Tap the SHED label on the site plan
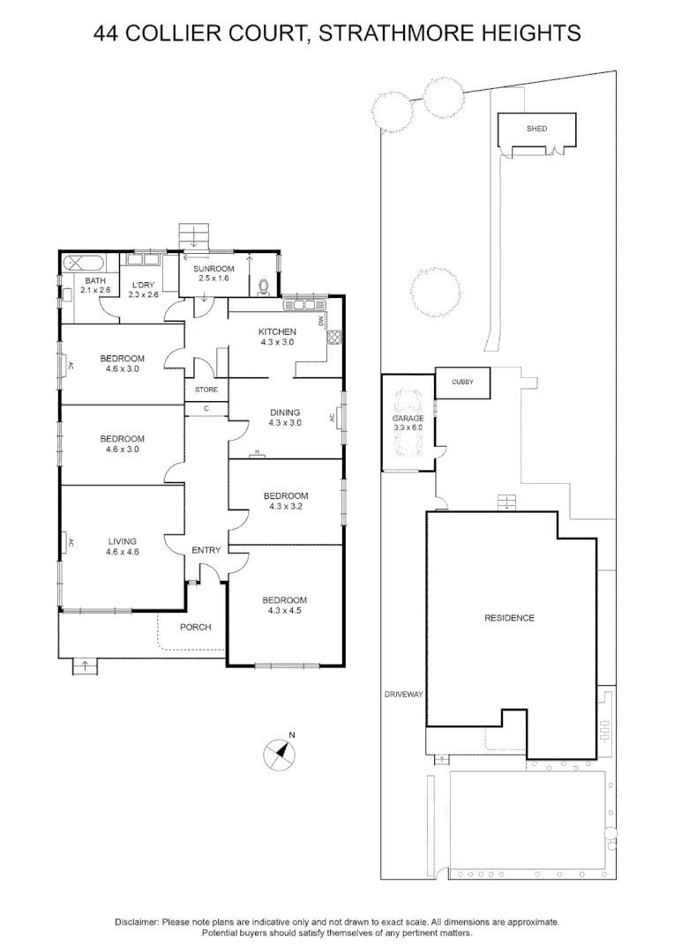point(536,129)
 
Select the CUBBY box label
point(462,382)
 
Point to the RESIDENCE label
point(509,618)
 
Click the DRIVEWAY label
point(404,695)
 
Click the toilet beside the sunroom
point(264,285)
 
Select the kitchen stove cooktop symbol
point(333,336)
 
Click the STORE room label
point(206,390)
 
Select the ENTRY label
point(206,551)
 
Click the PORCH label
point(195,628)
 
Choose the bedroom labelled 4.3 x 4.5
point(285,605)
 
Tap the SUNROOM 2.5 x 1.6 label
point(213,273)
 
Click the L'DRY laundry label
point(142,289)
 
